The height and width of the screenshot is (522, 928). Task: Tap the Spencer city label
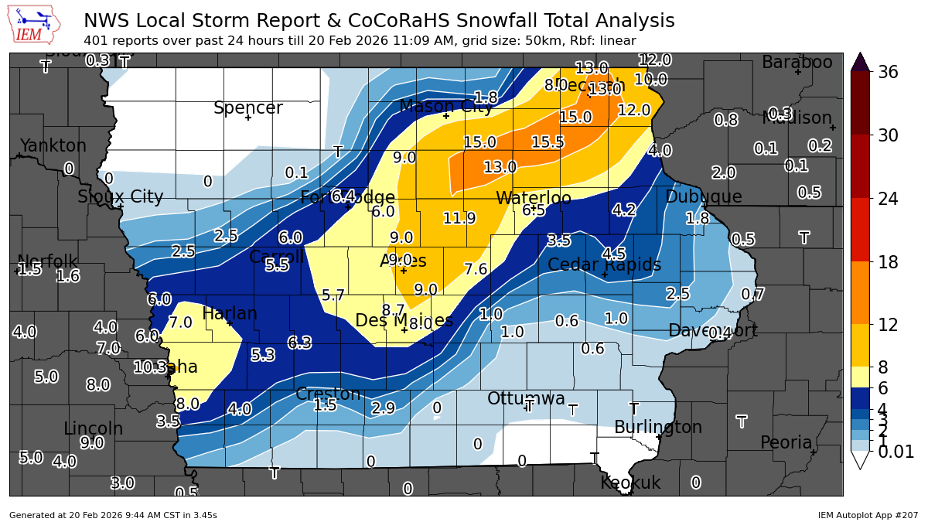tap(247, 108)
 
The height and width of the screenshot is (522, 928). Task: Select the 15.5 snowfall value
tap(548, 142)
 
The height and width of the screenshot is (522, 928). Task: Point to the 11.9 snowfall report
tap(459, 219)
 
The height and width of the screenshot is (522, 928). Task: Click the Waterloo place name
tap(534, 199)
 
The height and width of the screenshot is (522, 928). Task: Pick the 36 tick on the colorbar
tap(889, 73)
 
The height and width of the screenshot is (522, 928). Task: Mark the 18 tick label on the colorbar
tap(889, 262)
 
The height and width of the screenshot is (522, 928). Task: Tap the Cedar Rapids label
tap(604, 265)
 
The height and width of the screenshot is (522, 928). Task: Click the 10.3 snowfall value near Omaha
tap(150, 367)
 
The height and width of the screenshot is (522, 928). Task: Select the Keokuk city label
tap(630, 483)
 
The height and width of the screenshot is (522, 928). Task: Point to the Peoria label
tap(786, 443)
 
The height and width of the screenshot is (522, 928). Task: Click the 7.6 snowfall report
tap(476, 269)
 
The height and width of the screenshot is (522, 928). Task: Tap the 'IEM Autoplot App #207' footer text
tap(868, 515)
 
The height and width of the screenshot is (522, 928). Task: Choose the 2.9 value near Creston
tap(384, 408)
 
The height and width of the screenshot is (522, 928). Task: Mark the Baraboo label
tap(797, 63)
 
